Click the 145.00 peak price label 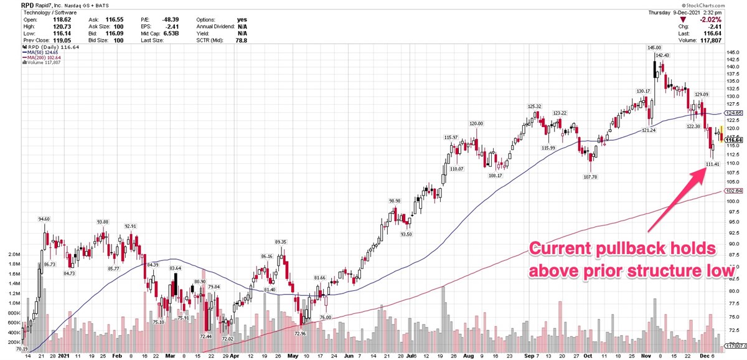click(654, 48)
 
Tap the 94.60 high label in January click(44, 219)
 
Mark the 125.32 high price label click(535, 107)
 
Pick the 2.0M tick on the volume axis click(13, 255)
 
